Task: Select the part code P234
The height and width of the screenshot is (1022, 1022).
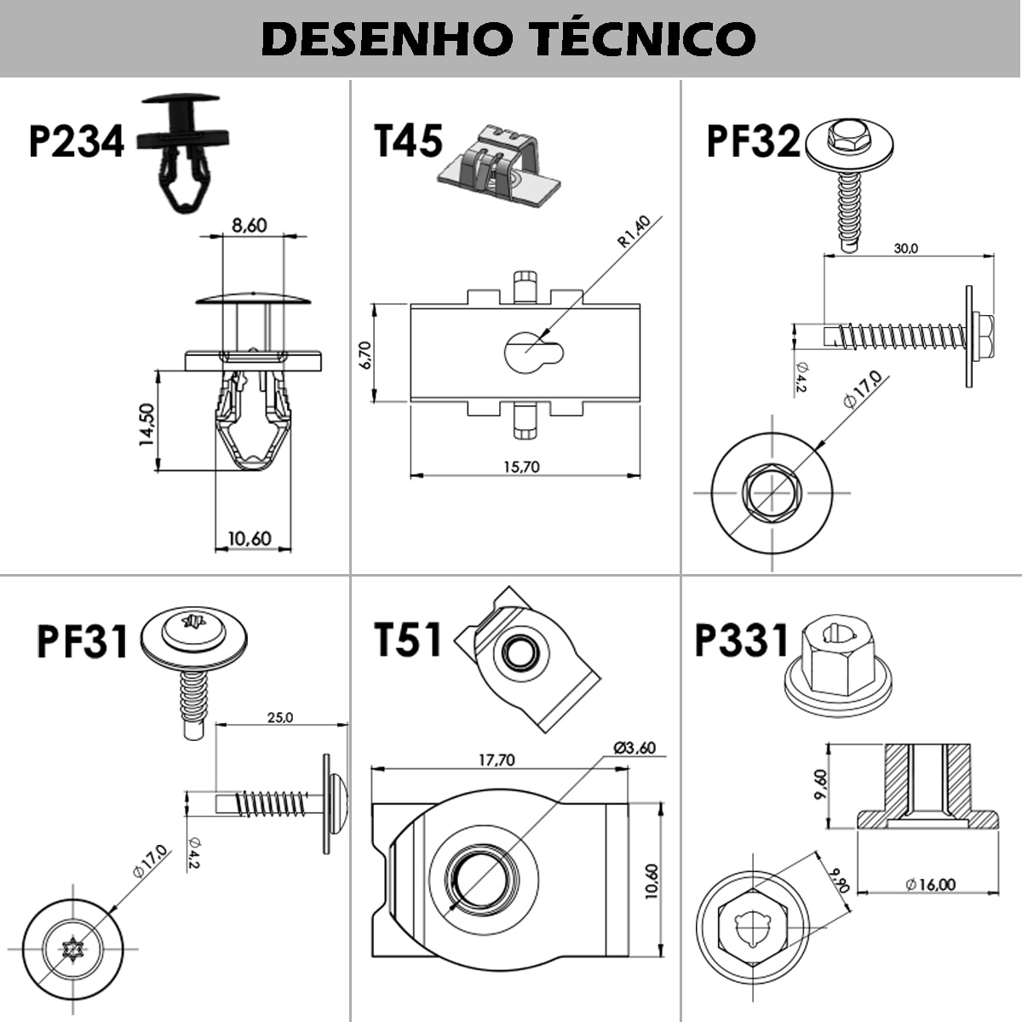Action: pyautogui.click(x=77, y=141)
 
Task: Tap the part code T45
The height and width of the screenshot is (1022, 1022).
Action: pyautogui.click(x=409, y=141)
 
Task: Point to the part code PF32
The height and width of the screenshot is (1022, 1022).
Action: pyautogui.click(x=754, y=141)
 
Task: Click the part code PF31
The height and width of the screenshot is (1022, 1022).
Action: pyautogui.click(x=82, y=641)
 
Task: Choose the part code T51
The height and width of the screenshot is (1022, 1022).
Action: pyautogui.click(x=408, y=640)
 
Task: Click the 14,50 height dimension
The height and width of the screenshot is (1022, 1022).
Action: pyautogui.click(x=146, y=423)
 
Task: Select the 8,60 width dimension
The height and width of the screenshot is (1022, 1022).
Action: pyautogui.click(x=249, y=226)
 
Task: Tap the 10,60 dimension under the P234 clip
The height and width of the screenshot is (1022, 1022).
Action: pyautogui.click(x=249, y=538)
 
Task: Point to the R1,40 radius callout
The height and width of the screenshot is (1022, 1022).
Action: pyautogui.click(x=634, y=232)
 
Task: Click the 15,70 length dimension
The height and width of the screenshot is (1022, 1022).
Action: pyautogui.click(x=521, y=467)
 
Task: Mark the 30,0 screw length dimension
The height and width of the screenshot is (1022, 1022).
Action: pyautogui.click(x=905, y=249)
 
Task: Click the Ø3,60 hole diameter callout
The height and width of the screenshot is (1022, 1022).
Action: pyautogui.click(x=634, y=748)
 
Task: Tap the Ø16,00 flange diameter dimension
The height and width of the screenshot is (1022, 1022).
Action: pyautogui.click(x=930, y=885)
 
